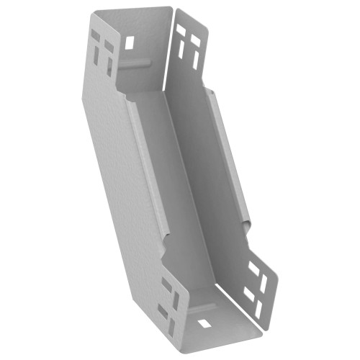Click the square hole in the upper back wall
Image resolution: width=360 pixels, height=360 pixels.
point(130,42)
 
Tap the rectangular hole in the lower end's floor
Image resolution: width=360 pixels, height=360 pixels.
point(204,322)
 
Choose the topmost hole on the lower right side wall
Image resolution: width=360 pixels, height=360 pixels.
point(253,266)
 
